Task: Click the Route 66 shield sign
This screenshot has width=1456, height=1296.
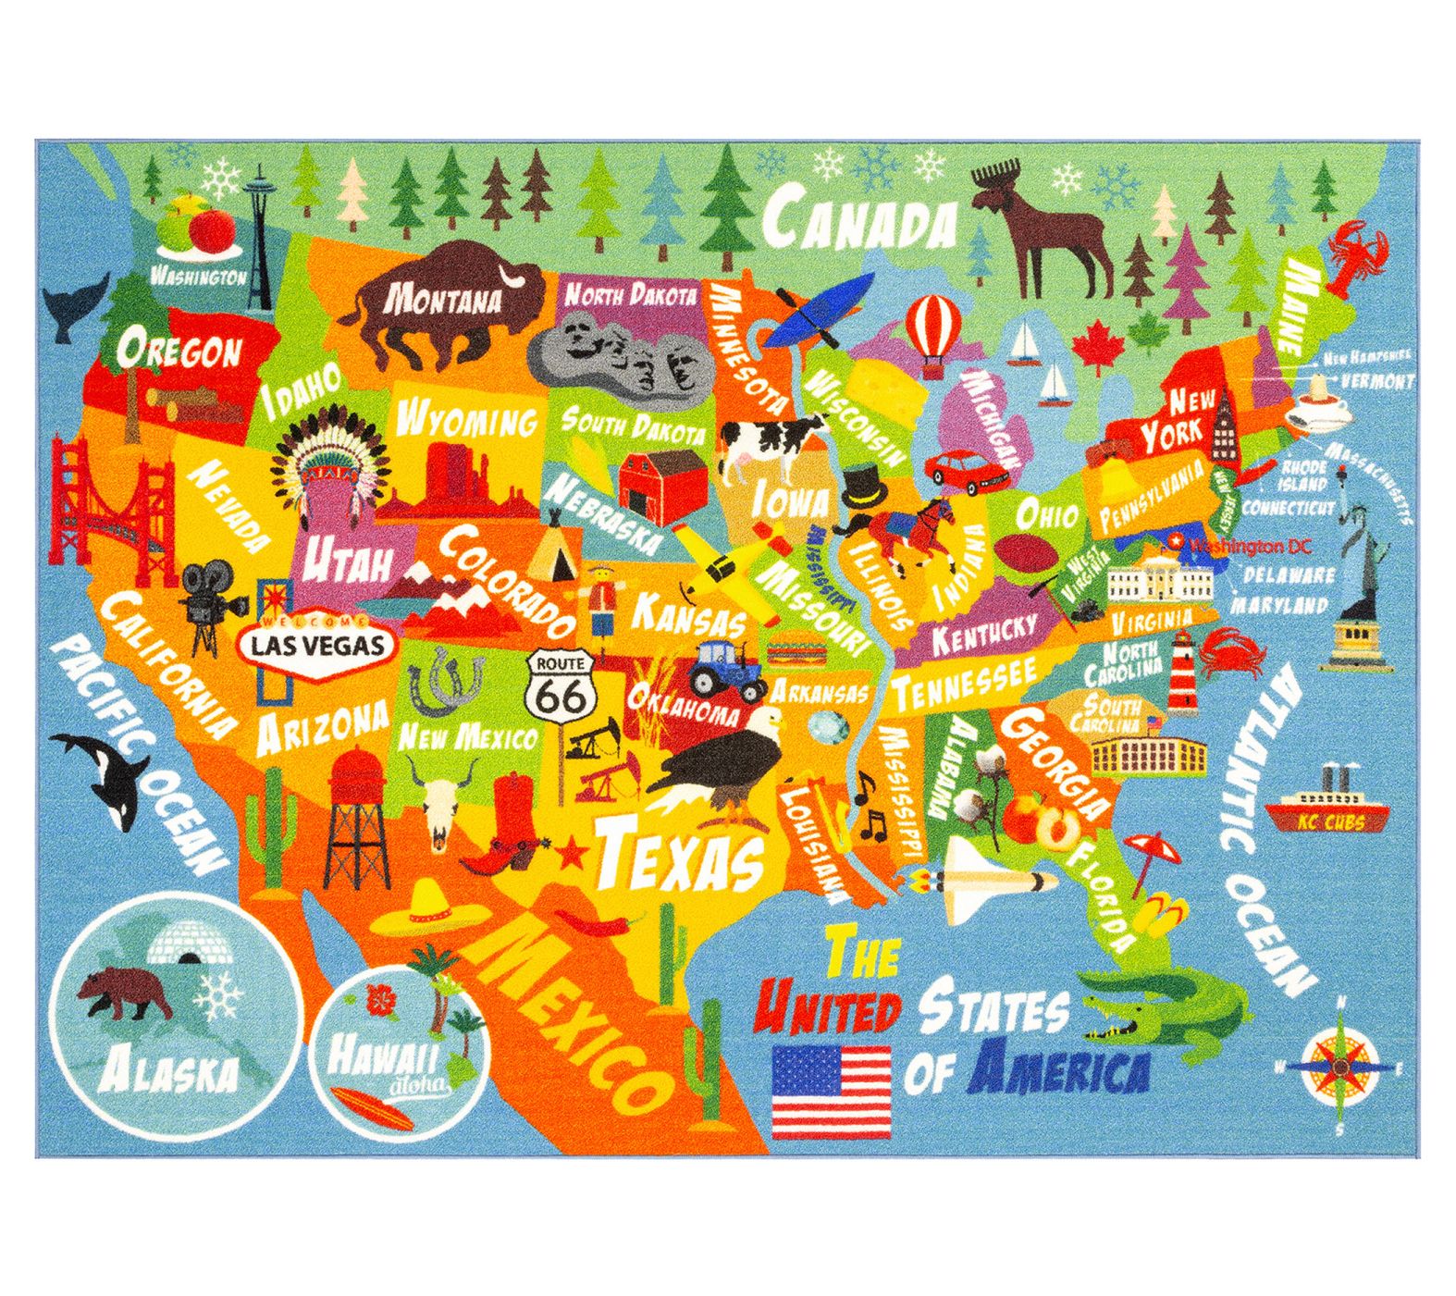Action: click(561, 685)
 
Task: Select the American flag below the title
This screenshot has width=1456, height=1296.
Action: click(832, 1092)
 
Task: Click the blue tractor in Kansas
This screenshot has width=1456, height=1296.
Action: click(725, 671)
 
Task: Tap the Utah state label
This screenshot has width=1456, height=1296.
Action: click(347, 561)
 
